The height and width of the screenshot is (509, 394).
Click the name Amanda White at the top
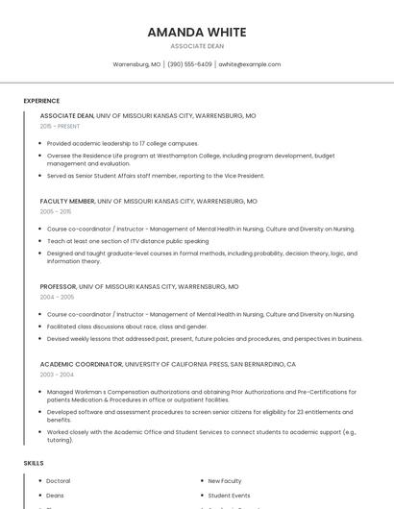coord(196,32)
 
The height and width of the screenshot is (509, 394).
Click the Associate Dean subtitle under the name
coord(196,46)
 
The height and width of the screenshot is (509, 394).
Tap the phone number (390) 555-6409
coord(189,64)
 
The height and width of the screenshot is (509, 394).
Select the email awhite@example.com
coord(250,64)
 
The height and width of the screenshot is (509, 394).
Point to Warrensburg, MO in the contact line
coord(136,64)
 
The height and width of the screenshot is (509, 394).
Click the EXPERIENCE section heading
coord(41,101)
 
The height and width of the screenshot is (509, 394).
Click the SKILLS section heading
coord(34,464)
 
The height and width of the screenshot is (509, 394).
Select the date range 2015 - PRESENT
coord(60,126)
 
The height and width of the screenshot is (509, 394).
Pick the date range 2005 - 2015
coord(56,211)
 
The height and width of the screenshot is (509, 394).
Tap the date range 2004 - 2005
coord(57,297)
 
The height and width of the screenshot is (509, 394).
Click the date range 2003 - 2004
coord(57,375)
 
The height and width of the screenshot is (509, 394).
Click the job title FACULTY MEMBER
coord(67,202)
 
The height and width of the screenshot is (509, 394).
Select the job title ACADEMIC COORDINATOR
coord(81,365)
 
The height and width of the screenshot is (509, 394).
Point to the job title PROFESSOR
coord(58,287)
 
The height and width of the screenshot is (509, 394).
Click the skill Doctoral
coord(59,481)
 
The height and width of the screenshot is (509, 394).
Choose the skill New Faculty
coord(225,481)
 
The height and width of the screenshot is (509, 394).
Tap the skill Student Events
coord(229,496)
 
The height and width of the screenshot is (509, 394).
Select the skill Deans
coord(56,496)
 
